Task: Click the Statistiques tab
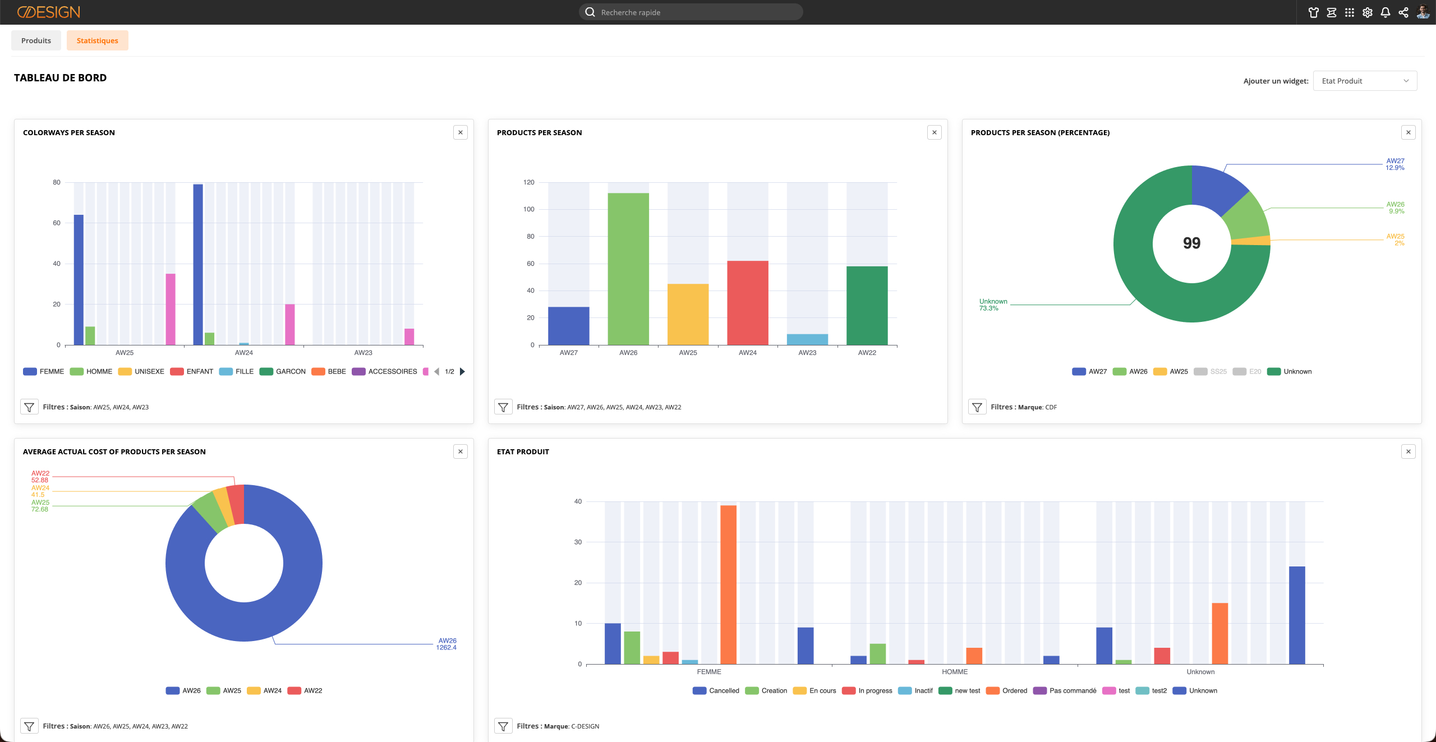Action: pos(97,40)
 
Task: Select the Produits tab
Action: pos(36,40)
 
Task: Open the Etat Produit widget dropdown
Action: pos(1365,81)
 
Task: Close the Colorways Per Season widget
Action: pos(461,132)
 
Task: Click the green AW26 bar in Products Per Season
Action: pos(628,269)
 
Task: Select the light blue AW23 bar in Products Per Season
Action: pos(807,339)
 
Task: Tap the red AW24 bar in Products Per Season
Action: pos(748,303)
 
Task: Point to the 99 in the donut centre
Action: pos(1192,243)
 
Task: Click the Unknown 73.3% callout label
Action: pos(993,305)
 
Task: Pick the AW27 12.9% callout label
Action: pos(1395,164)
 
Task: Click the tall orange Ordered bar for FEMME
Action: pos(728,584)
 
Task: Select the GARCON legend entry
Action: pos(283,371)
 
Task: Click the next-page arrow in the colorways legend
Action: pos(462,371)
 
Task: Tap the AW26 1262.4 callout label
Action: pos(447,644)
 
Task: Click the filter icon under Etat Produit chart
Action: pos(503,726)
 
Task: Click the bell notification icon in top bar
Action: pos(1386,12)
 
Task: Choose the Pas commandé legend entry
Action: pos(1065,690)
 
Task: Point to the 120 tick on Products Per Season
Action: pos(529,182)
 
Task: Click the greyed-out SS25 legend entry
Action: pos(1210,371)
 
